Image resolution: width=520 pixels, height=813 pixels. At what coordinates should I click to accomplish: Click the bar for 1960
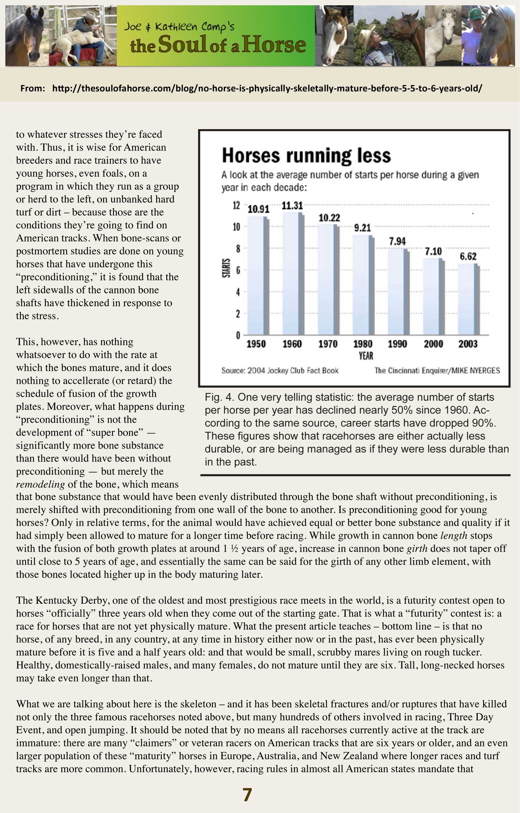(x=293, y=274)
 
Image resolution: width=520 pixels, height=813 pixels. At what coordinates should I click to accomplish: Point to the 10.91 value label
(x=258, y=210)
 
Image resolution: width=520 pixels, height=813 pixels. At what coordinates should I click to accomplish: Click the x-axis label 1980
(x=363, y=344)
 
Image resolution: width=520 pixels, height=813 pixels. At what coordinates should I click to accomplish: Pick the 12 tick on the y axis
(x=236, y=205)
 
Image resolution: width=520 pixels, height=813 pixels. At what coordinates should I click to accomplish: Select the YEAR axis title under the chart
(x=366, y=355)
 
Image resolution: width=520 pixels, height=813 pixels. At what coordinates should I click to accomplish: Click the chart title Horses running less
(x=306, y=156)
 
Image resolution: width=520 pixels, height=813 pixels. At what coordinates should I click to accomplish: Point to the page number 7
(x=247, y=795)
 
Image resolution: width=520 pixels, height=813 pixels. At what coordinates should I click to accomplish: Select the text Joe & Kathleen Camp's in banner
(x=179, y=26)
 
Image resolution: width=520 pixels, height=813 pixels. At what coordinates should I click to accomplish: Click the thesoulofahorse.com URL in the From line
(x=267, y=89)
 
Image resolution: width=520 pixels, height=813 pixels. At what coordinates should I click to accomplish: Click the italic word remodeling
(x=40, y=484)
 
